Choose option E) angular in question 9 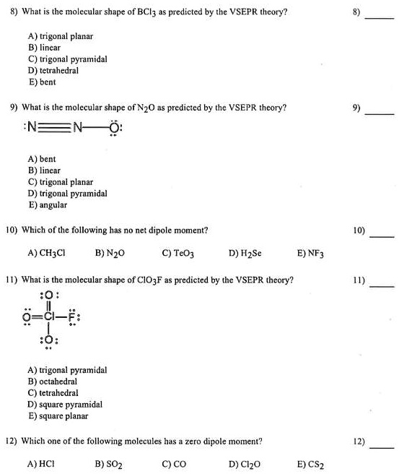point(48,205)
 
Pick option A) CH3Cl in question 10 point(45,254)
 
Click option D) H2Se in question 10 point(245,254)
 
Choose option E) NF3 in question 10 point(311,254)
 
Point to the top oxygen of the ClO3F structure point(49,295)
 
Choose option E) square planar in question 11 point(58,416)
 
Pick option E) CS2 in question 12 point(311,464)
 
